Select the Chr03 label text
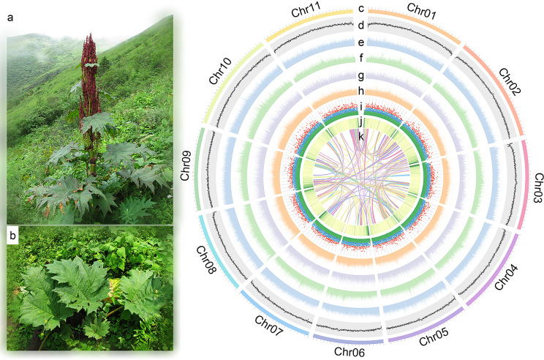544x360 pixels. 536,189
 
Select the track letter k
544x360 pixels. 361,136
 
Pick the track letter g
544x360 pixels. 361,75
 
